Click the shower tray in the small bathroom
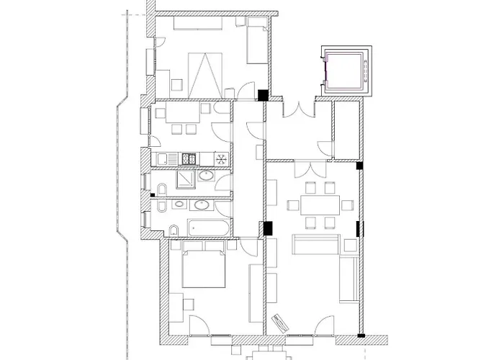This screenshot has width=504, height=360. tap(185, 177)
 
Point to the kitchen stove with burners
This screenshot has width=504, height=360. tap(189, 158)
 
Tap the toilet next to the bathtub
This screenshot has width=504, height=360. tap(174, 230)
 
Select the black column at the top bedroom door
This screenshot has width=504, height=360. tap(263, 94)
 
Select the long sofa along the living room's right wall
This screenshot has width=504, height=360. tap(348, 278)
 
